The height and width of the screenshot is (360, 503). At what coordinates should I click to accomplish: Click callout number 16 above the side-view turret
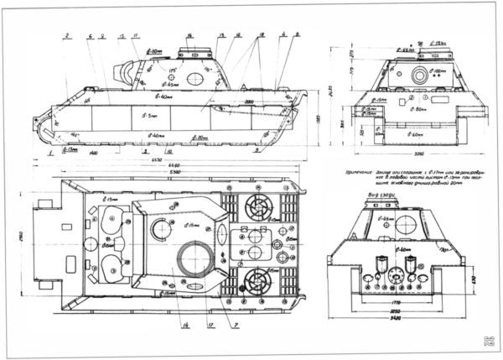pyautogui.click(x=189, y=35)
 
